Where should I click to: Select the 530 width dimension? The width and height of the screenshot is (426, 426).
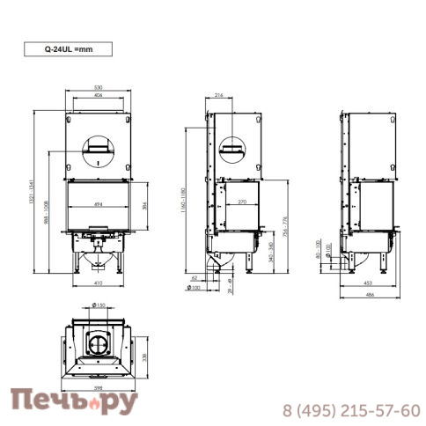[99, 87]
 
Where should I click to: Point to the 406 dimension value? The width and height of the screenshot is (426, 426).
[99, 95]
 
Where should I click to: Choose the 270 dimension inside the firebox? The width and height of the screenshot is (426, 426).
[238, 202]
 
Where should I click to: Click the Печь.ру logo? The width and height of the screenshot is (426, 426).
[74, 403]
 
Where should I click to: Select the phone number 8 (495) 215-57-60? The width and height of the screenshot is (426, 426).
[350, 410]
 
